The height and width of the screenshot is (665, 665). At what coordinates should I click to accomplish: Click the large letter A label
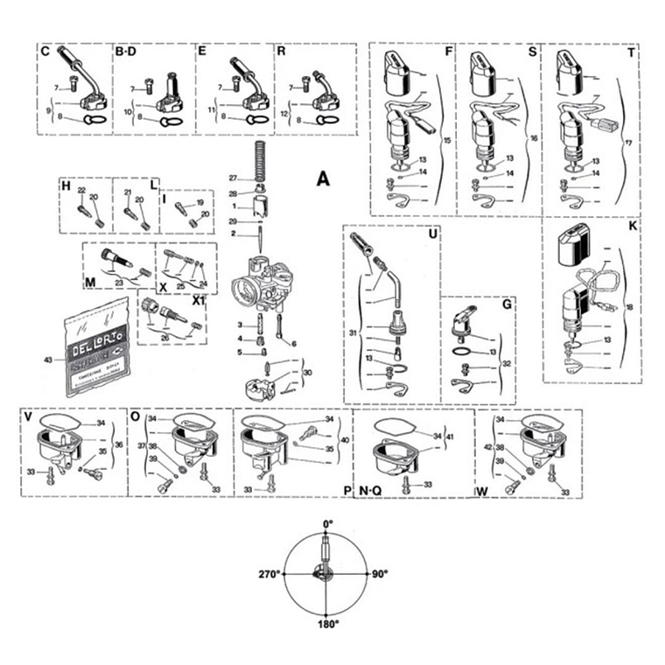coord(323,178)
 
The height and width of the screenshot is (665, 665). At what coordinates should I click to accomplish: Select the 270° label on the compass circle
coord(268,574)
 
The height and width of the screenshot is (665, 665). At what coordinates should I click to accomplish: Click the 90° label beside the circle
coord(379,574)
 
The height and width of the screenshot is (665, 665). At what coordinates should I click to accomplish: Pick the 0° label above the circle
coord(327,524)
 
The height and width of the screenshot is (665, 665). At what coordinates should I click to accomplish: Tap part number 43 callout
coord(47,360)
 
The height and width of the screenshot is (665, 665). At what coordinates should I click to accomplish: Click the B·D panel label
coord(126,52)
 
